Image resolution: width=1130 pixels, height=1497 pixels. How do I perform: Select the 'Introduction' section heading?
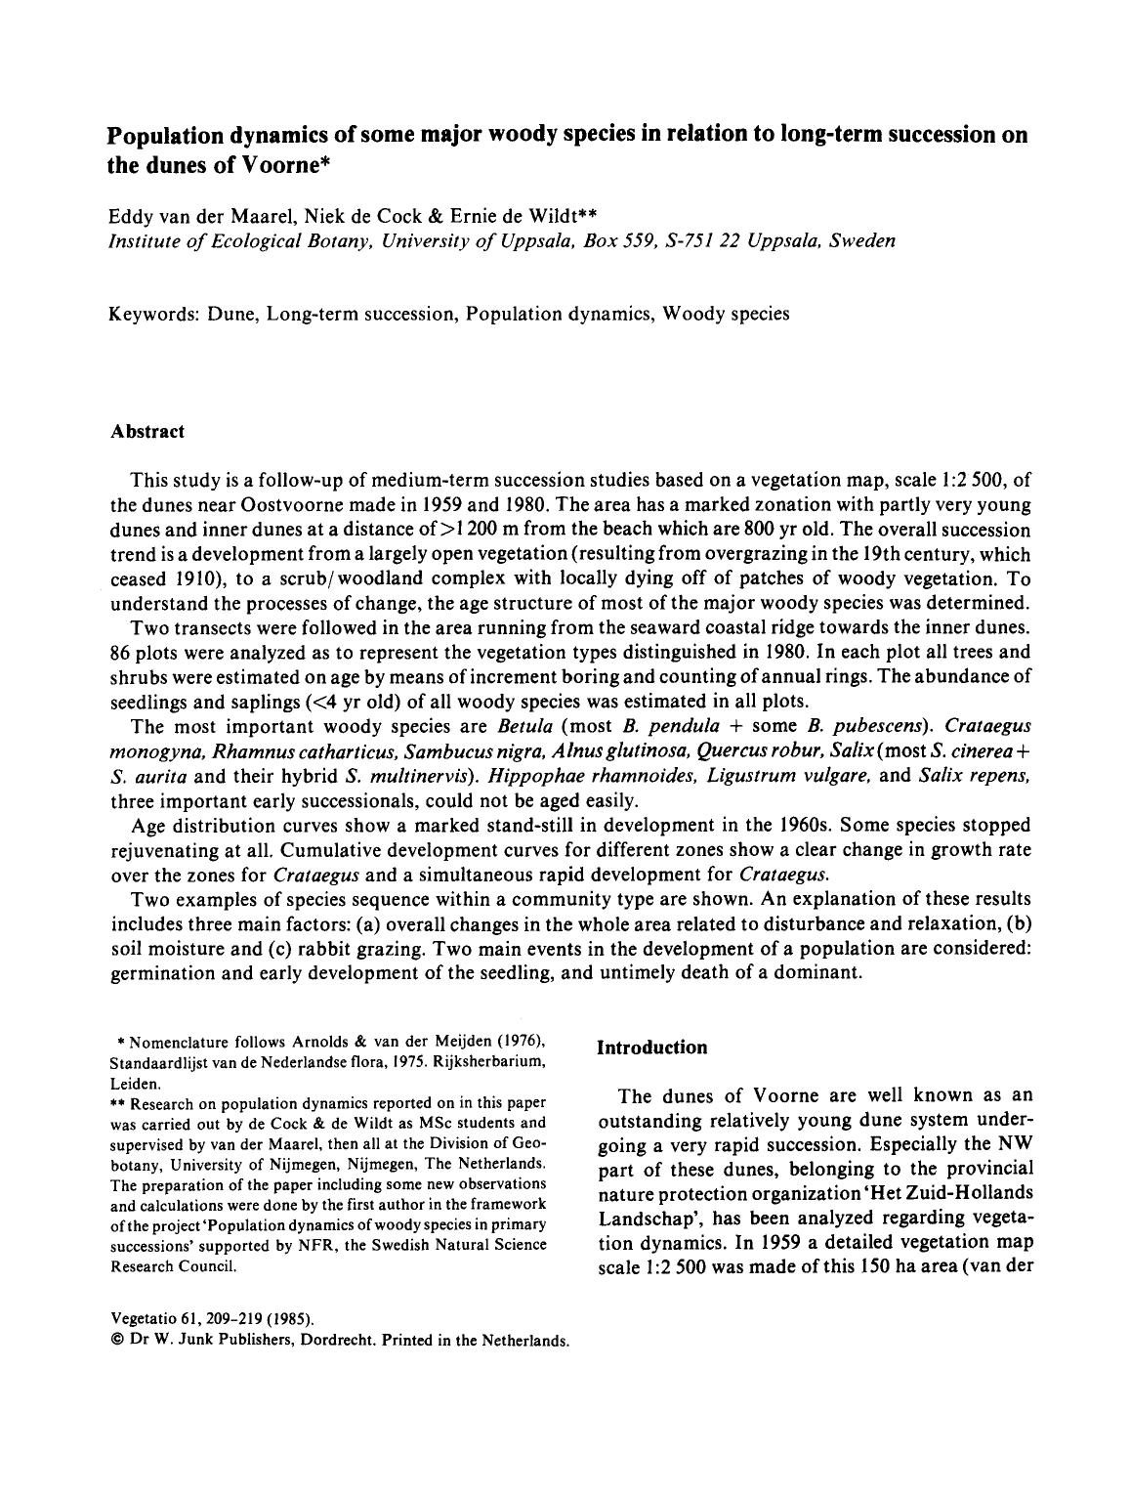click(x=651, y=1048)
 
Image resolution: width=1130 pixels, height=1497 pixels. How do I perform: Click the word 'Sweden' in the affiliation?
click(x=862, y=240)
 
